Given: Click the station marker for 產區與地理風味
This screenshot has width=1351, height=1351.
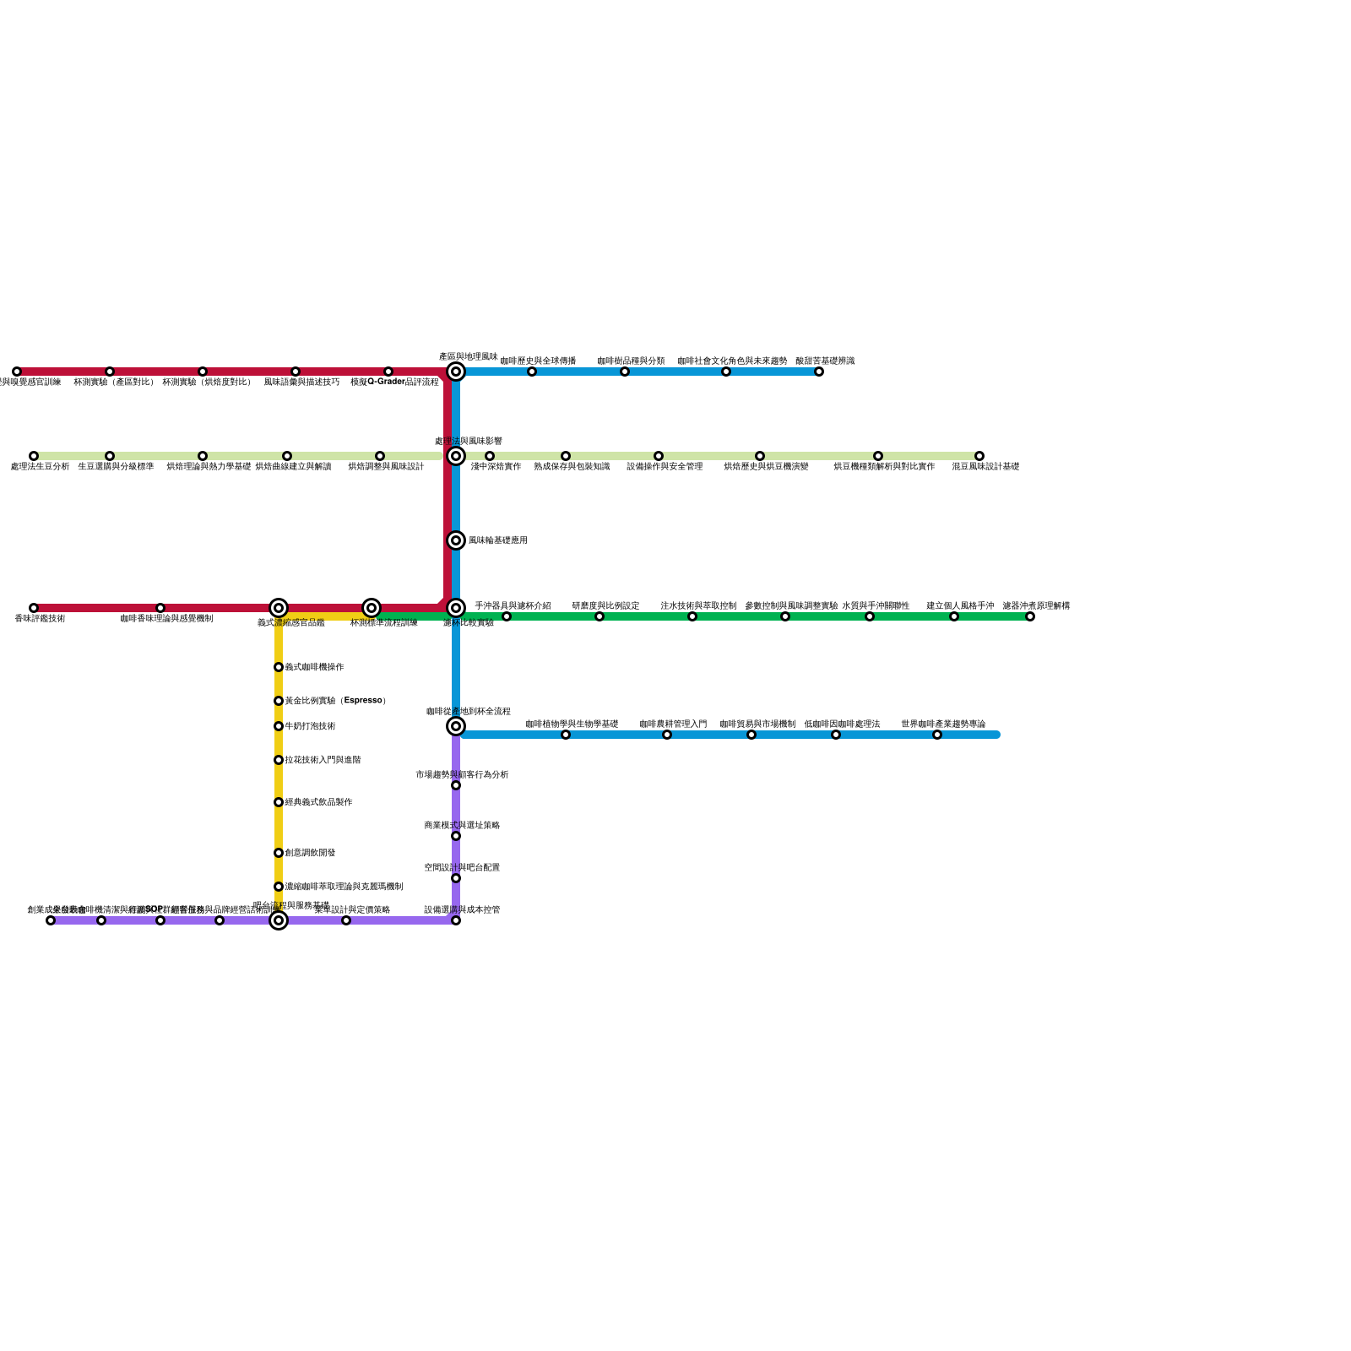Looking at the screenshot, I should coord(456,372).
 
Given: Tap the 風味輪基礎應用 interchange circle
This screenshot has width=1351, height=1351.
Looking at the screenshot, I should coord(456,540).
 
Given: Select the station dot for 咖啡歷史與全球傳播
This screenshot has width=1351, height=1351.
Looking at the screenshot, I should coord(532,372).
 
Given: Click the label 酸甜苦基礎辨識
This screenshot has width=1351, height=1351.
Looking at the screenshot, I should coord(825,361).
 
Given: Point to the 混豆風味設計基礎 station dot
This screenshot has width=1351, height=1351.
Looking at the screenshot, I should coord(979,456).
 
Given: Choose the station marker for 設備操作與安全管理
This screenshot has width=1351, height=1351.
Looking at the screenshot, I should coord(659,456).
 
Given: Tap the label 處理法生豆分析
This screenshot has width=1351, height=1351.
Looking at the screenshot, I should coord(40,467).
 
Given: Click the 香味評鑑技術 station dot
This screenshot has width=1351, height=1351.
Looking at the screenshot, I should coord(34,608).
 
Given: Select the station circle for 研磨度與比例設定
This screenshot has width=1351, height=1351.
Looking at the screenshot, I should coord(600,616).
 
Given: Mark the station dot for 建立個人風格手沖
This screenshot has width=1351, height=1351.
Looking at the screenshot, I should coord(954,616).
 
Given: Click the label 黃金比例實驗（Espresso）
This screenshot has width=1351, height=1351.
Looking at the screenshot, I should coord(335,701).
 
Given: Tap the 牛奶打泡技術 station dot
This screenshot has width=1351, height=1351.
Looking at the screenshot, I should coord(279,726).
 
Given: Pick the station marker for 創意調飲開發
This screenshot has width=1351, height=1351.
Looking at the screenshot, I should coord(279,853).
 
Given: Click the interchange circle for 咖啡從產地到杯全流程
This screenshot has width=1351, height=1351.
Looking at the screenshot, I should coord(456,726).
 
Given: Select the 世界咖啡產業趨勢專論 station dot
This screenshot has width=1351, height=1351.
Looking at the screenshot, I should coord(937,735).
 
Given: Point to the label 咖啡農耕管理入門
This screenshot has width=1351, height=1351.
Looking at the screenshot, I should coord(673,724).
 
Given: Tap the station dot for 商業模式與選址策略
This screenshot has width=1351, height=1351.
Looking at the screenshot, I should coord(456,836).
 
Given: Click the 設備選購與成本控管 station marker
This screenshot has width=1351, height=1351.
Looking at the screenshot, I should coord(456,920).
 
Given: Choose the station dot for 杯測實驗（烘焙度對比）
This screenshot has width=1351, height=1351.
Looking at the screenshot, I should coord(203,372).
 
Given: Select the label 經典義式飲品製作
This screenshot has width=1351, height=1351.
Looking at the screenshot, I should coord(318,802).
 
